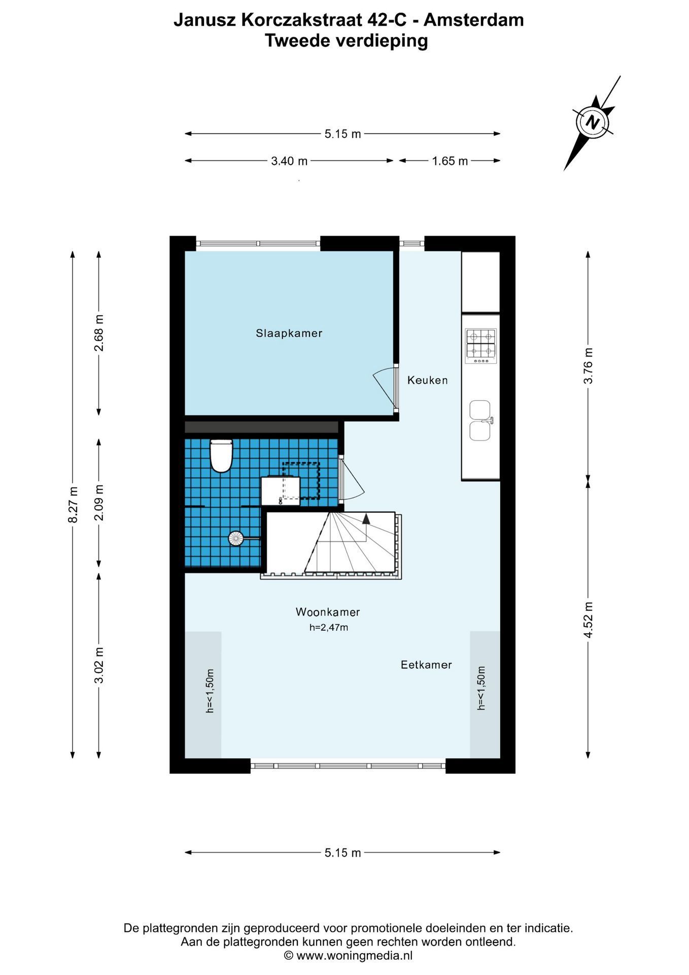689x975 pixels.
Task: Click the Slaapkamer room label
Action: pos(289,334)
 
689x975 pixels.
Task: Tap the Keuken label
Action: pos(427,380)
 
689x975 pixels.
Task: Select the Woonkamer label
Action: pos(328,612)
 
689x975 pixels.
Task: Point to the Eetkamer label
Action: pos(426,665)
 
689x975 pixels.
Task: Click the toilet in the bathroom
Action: pos(221,456)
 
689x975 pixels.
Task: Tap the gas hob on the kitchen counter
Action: pos(480,346)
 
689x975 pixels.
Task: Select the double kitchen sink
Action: pos(480,420)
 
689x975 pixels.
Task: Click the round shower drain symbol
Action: pos(236,538)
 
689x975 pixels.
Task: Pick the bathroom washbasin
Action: pos(280,491)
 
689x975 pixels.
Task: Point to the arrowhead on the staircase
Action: pos(366,518)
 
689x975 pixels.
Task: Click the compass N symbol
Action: pos(592,122)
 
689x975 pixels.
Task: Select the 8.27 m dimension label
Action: pos(74,504)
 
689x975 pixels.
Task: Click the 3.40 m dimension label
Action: pos(289,161)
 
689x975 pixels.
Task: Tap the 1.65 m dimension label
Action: pos(450,161)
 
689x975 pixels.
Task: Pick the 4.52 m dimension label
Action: pos(588,620)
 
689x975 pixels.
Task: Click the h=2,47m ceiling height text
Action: pos(329,628)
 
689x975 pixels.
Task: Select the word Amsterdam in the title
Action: pos(474,20)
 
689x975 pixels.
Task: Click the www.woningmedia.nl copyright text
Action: pos(354,955)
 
